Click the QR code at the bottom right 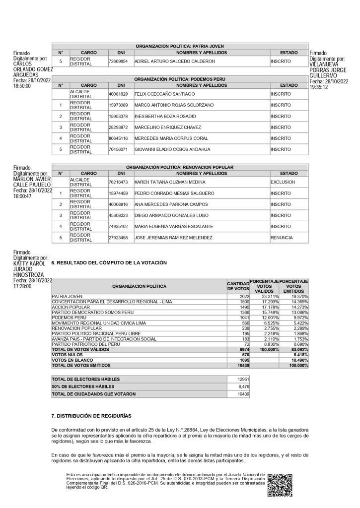[x=280, y=485]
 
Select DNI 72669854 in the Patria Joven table [x=118, y=62]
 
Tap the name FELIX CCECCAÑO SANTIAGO [x=164, y=94]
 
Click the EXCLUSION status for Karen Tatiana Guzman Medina [x=283, y=182]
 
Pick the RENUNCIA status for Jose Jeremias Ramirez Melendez [x=282, y=238]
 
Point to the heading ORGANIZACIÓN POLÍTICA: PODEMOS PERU [x=180, y=79]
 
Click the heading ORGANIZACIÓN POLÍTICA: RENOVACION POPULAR [x=180, y=167]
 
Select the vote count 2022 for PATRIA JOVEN [x=242, y=296]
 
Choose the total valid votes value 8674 [x=242, y=350]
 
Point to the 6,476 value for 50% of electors [x=242, y=386]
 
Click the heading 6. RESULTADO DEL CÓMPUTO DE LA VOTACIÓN [x=109, y=262]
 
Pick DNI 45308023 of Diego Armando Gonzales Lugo [x=118, y=215]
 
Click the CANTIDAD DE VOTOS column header [x=237, y=286]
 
